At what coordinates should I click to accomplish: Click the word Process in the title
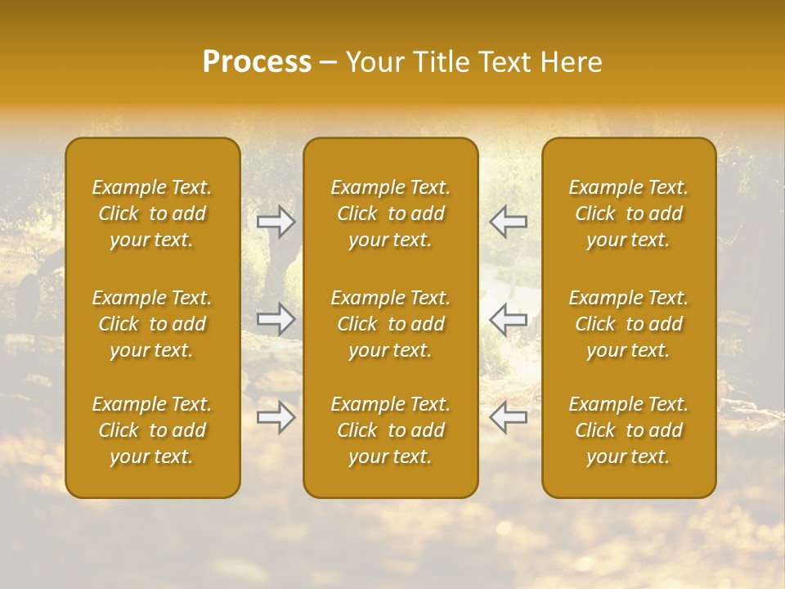tap(257, 62)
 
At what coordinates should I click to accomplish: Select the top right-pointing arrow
tap(276, 221)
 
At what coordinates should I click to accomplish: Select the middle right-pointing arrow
tap(276, 319)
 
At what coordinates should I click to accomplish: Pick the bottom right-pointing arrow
tap(276, 417)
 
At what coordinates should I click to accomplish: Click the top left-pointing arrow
tap(508, 221)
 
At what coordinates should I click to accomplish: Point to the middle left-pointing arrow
tap(508, 319)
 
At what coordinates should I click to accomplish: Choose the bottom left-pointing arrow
tap(508, 417)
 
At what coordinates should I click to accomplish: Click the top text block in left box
tap(152, 214)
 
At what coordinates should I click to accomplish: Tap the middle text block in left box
tap(152, 324)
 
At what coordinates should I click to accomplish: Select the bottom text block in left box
tap(152, 430)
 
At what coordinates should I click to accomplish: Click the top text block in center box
tap(390, 214)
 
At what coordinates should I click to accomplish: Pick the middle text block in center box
tap(390, 324)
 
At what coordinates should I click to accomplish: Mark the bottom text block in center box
tap(390, 430)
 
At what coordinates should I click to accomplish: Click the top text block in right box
tap(628, 214)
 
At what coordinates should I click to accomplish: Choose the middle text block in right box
tap(628, 324)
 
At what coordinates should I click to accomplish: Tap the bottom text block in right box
tap(628, 430)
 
